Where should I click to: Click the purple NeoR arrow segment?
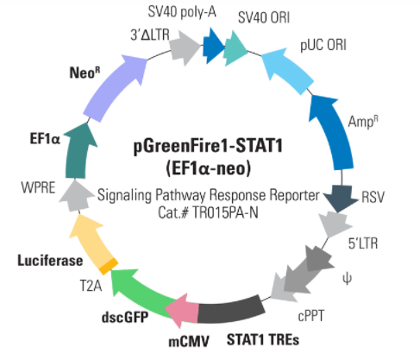point(114,88)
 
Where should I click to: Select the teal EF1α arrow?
point(78,151)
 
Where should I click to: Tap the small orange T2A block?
point(109,267)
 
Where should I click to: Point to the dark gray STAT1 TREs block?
point(231,309)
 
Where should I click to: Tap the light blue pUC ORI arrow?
point(287,71)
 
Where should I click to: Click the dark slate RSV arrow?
point(342,198)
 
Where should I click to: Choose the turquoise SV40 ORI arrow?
point(235,48)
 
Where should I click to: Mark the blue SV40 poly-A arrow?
point(213,46)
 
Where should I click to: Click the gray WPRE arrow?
point(76,196)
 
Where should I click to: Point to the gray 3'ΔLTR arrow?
point(185,47)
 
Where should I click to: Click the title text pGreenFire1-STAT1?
point(208,146)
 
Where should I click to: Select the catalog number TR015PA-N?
point(225,213)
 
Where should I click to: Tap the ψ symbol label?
point(348,279)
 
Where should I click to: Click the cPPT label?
point(311,316)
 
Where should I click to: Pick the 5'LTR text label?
point(363,243)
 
